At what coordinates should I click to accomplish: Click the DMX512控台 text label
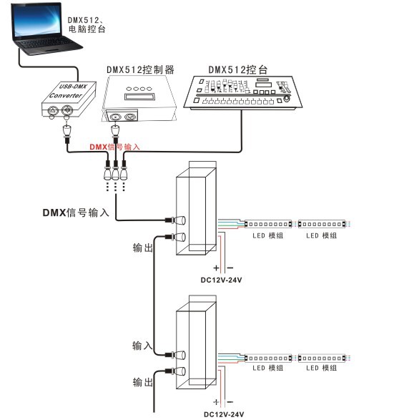237,69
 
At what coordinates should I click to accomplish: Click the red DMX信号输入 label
114,147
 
